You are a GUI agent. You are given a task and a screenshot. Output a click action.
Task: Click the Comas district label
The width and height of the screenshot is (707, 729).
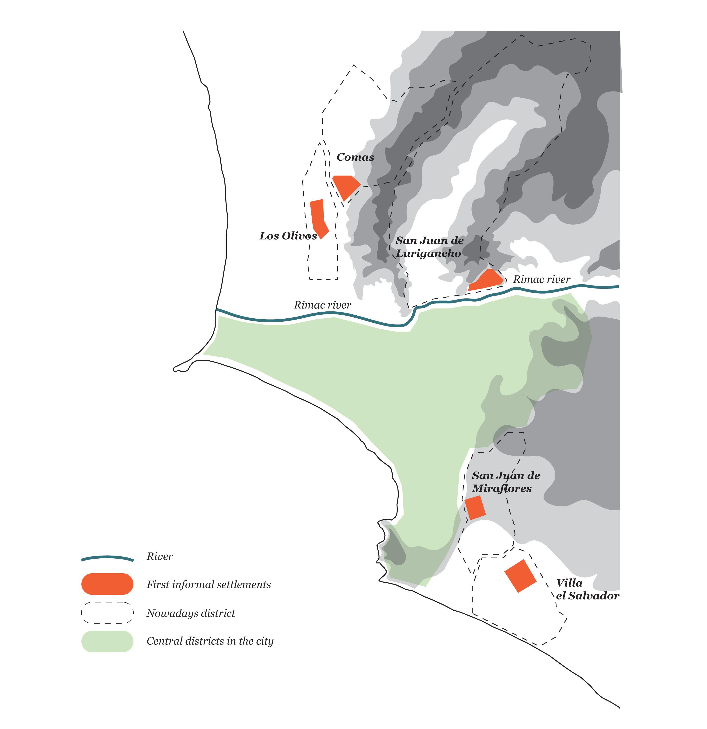pos(355,157)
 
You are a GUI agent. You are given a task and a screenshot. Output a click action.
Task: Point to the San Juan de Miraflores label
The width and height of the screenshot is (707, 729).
pos(505,482)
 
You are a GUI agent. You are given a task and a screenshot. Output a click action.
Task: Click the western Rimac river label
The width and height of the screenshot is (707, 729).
pos(322,305)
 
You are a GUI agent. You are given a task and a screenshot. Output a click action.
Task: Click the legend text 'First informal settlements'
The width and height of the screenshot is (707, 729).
pos(209,585)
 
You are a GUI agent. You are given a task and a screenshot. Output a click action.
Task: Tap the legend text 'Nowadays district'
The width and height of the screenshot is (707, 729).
pos(191,613)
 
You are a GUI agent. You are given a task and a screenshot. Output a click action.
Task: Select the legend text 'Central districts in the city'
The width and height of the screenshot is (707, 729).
pos(210,641)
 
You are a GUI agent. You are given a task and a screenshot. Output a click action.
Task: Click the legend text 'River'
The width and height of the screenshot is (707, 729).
pos(160,556)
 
